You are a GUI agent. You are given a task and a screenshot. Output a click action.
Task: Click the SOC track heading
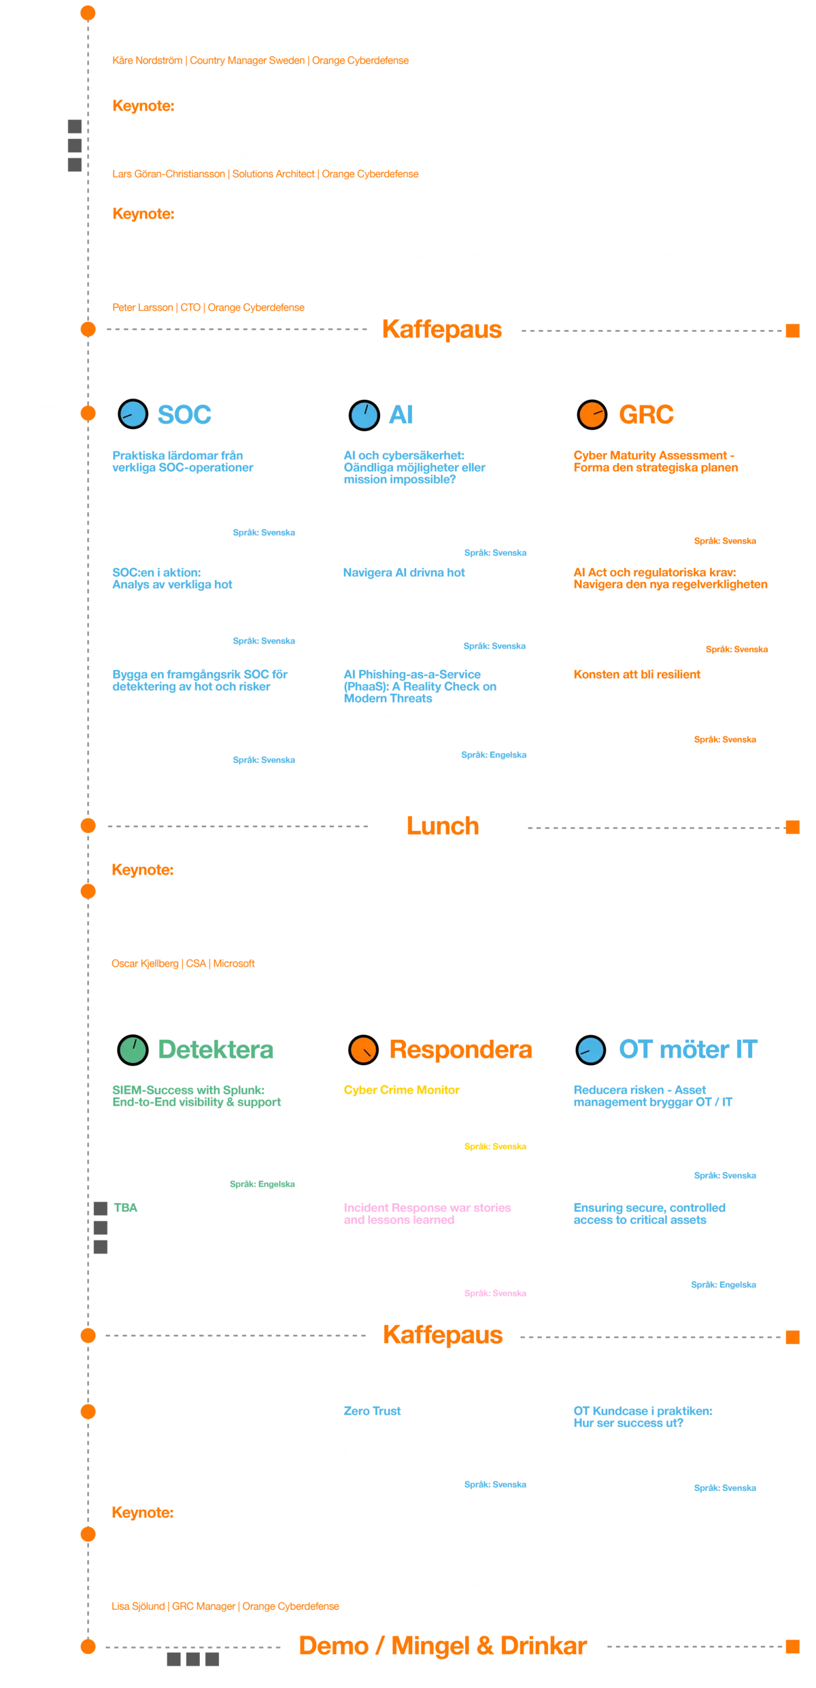[x=184, y=414]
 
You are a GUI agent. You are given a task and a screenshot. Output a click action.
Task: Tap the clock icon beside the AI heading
[x=364, y=415]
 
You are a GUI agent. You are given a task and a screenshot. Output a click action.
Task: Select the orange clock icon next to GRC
[x=592, y=414]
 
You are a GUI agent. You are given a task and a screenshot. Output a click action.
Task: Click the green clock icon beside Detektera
[x=133, y=1049]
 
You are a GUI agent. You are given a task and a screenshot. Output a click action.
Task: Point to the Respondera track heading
[x=460, y=1049]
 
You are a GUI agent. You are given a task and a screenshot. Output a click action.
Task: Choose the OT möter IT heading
[x=687, y=1049]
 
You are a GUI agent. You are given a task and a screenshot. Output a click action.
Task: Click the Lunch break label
[x=443, y=826]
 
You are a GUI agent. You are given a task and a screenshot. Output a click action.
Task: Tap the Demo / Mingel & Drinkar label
[x=443, y=1646]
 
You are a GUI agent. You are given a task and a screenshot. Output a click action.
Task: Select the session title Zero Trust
[x=372, y=1411]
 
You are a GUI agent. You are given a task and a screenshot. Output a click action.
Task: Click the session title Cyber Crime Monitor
[x=401, y=1090]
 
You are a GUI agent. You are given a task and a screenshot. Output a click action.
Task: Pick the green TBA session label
[x=126, y=1208]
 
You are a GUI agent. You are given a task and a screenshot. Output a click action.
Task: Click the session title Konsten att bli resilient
[x=636, y=675]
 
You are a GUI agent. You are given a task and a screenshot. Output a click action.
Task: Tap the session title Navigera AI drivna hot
[x=404, y=573]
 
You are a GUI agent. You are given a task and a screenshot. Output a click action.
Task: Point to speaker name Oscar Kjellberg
[x=145, y=964]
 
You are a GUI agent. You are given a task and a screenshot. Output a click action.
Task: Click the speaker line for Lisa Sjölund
[x=225, y=1606]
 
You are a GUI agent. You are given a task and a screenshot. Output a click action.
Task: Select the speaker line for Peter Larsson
[x=208, y=307]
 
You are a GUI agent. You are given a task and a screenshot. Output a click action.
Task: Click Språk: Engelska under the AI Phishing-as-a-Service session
[x=494, y=755]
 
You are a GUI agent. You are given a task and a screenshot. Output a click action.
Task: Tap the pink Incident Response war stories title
[x=427, y=1214]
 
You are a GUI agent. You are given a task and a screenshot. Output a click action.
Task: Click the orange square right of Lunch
[x=792, y=827]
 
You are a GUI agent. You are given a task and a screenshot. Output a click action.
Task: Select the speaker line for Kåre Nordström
[x=260, y=61]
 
